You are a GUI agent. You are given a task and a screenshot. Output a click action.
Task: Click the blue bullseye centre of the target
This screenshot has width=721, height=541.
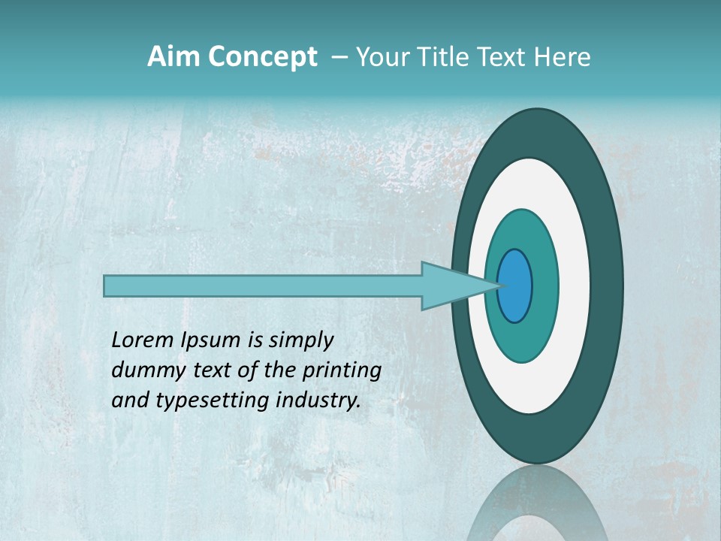point(514,286)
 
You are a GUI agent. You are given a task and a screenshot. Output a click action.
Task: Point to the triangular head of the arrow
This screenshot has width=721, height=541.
point(451,286)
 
